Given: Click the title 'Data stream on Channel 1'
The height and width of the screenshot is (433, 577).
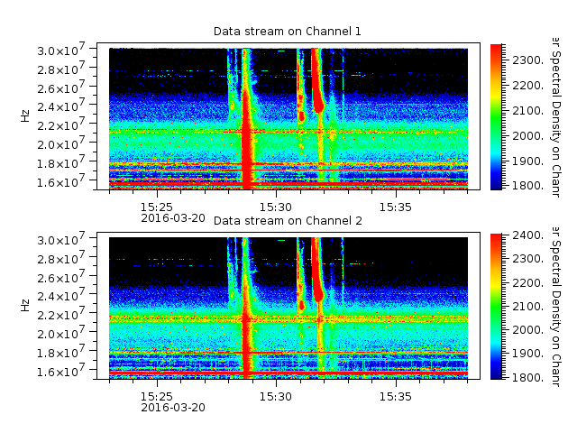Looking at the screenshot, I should pyautogui.click(x=287, y=32).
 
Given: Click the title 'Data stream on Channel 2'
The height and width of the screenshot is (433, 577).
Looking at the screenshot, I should pyautogui.click(x=287, y=221).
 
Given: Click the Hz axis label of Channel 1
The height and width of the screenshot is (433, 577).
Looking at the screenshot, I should pyautogui.click(x=25, y=116).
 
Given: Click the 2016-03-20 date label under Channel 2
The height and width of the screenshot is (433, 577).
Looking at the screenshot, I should pyautogui.click(x=173, y=407).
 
